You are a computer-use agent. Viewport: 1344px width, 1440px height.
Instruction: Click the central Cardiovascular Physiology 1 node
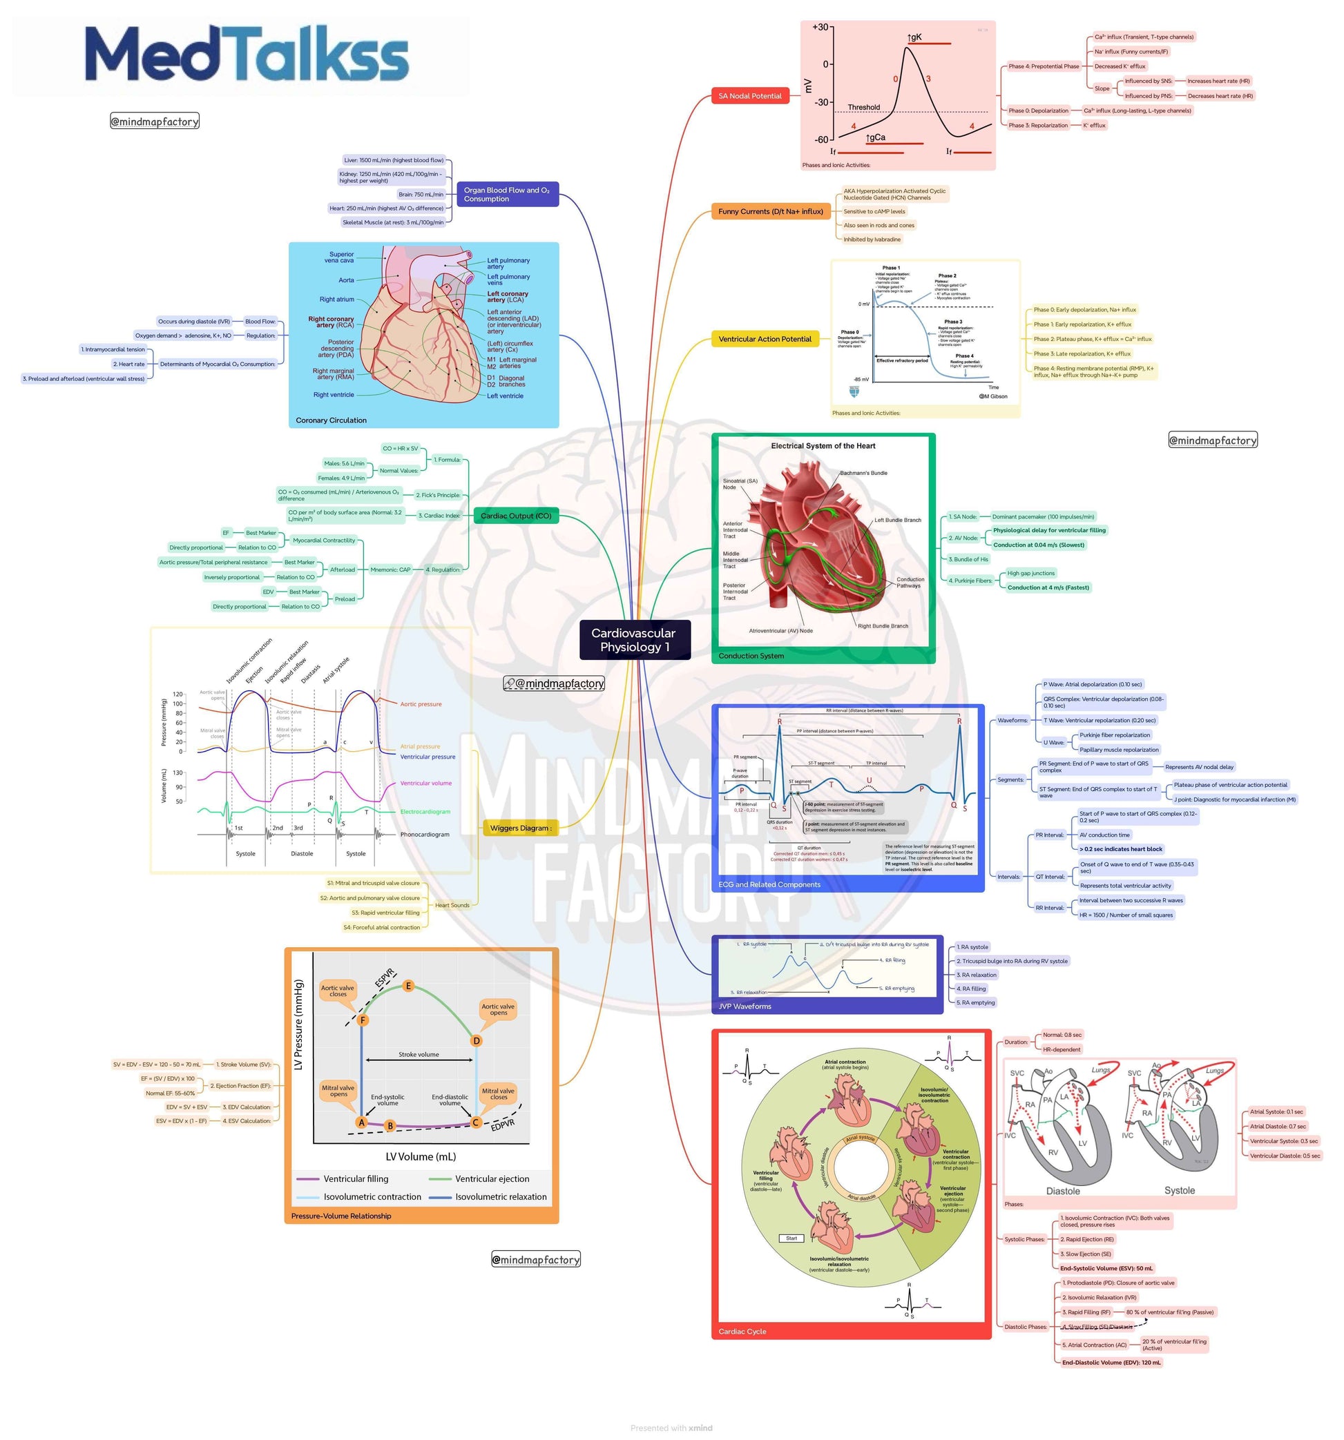[x=634, y=640]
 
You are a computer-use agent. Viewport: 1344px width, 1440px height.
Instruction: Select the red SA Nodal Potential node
[x=749, y=96]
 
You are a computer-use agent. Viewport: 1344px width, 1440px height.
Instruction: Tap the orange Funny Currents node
[x=770, y=211]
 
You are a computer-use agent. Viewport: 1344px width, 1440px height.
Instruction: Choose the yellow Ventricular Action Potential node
[x=765, y=339]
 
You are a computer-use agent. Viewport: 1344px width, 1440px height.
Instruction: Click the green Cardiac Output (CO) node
[x=516, y=516]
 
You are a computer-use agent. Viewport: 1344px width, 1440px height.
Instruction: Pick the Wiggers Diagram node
[x=520, y=828]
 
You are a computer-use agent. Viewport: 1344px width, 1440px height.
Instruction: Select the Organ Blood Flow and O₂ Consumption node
[x=506, y=194]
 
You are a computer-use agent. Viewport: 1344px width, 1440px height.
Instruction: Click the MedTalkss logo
[x=247, y=55]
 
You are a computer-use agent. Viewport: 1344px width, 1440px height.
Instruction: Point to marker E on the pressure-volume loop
[x=409, y=986]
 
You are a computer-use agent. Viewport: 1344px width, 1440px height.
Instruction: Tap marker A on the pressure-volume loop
[x=361, y=1122]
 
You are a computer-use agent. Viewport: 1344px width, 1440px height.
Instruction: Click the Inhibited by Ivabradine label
[x=872, y=239]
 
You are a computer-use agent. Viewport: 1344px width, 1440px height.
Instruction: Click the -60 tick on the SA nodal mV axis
[x=821, y=140]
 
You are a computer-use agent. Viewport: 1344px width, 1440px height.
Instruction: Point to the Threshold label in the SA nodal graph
[x=863, y=107]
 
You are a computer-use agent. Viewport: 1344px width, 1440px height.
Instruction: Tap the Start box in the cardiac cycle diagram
[x=791, y=1238]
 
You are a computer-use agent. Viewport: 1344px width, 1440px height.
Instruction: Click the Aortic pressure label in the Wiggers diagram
[x=420, y=704]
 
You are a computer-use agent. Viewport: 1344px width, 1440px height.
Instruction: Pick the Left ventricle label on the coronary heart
[x=504, y=396]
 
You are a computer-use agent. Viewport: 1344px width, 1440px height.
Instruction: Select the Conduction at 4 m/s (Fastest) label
[x=1048, y=587]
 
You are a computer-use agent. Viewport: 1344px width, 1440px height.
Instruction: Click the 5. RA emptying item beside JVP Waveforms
[x=975, y=1002]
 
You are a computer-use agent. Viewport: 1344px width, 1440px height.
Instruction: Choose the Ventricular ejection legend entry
[x=491, y=1178]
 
